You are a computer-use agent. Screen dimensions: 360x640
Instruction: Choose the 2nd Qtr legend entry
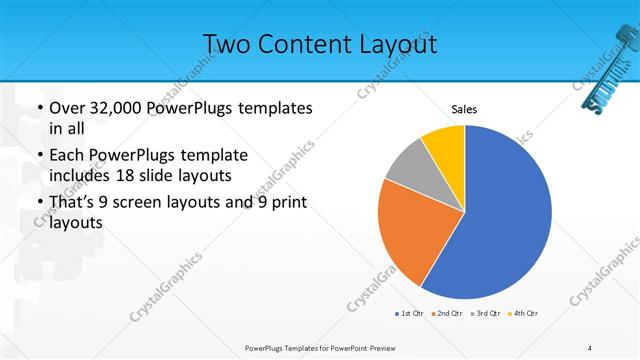pyautogui.click(x=446, y=314)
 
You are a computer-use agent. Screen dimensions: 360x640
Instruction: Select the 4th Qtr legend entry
pyautogui.click(x=523, y=314)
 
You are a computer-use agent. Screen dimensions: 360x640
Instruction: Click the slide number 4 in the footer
pyautogui.click(x=589, y=348)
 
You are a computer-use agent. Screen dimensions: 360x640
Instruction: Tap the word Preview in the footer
pyautogui.click(x=396, y=348)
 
